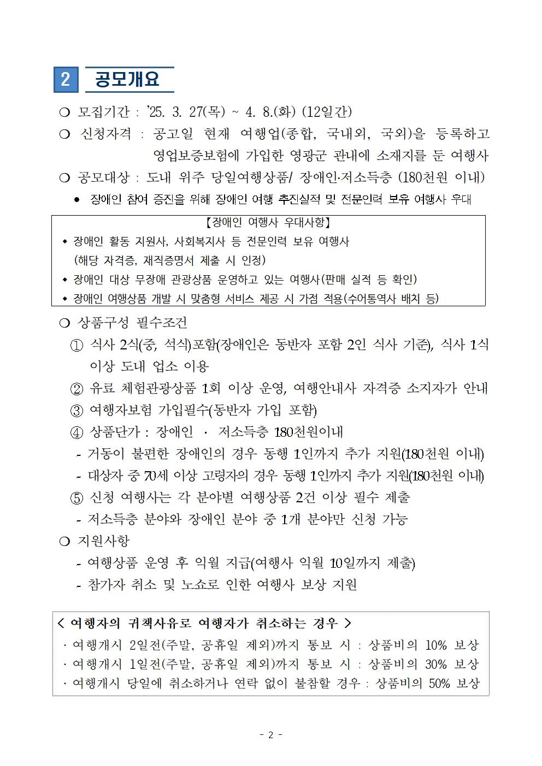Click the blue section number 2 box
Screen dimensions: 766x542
coord(66,80)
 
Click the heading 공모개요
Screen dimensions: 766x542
coord(127,80)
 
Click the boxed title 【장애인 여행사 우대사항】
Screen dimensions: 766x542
coord(268,223)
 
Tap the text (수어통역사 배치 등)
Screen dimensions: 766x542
coord(391,298)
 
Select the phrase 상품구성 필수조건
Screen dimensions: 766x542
coord(133,323)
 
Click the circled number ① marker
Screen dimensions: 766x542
coord(77,345)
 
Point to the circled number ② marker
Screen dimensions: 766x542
coord(77,389)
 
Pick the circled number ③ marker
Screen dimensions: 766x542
coord(77,411)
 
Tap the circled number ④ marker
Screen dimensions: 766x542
coord(77,432)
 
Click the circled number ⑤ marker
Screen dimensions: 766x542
coord(77,497)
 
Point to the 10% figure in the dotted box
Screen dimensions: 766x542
coord(435,645)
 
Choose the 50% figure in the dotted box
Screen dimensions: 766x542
coord(439,684)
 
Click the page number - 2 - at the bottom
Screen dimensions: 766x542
coord(271,735)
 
